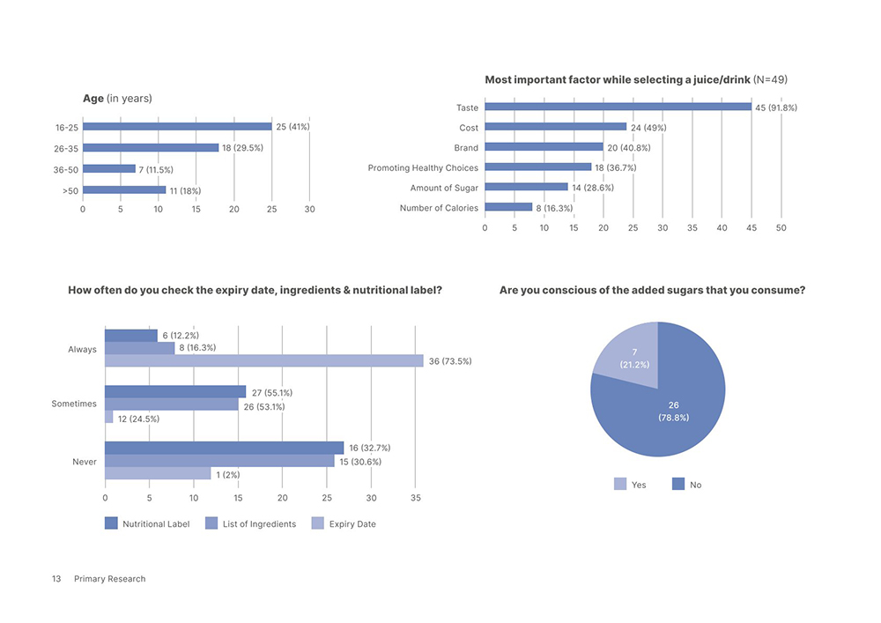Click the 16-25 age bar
click(x=176, y=127)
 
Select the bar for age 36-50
click(x=108, y=168)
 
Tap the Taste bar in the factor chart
click(x=617, y=108)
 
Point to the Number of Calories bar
click(x=508, y=208)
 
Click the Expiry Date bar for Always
click(x=264, y=360)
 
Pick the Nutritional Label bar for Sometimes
click(x=175, y=391)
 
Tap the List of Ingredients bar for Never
click(x=220, y=461)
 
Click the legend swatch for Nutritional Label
click(x=111, y=523)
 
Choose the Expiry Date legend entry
click(x=352, y=523)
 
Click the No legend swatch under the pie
click(x=677, y=484)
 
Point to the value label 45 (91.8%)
click(x=776, y=108)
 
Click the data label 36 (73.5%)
click(x=450, y=360)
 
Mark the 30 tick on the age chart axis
click(x=309, y=209)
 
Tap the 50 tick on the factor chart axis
click(x=781, y=227)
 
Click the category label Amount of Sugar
click(x=444, y=188)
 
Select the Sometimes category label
click(x=74, y=404)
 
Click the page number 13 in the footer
click(x=56, y=579)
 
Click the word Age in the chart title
click(x=93, y=98)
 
